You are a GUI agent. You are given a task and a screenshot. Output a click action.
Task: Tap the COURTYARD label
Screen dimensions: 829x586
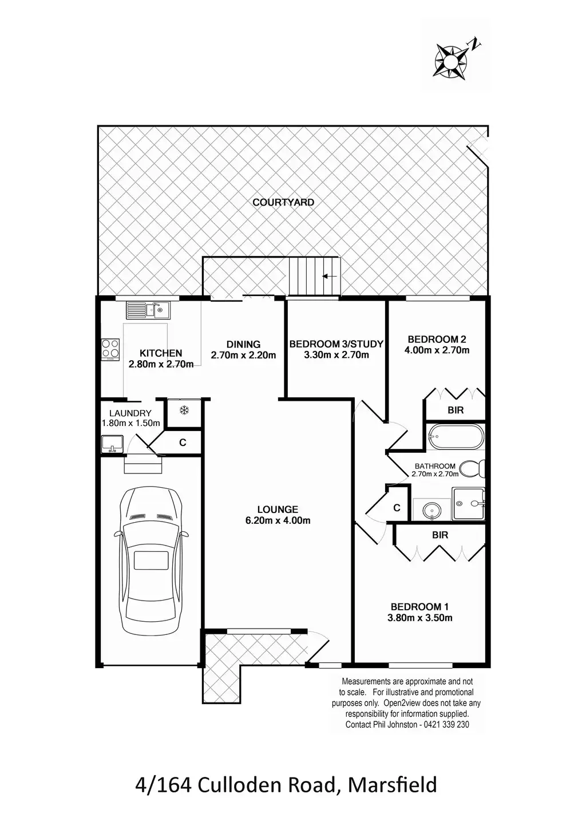click(284, 202)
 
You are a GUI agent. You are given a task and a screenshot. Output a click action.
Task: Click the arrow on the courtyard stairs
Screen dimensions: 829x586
click(329, 277)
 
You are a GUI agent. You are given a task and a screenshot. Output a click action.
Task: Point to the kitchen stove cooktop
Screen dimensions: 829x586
click(110, 349)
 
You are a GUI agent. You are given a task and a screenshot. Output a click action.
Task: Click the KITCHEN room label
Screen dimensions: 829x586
click(161, 353)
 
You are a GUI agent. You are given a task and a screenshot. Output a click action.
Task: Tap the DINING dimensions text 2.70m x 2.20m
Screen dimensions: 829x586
click(243, 355)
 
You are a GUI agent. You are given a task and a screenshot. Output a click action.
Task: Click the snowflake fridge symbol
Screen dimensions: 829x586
click(184, 410)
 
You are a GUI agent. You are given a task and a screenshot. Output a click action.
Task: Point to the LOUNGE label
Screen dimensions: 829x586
click(278, 509)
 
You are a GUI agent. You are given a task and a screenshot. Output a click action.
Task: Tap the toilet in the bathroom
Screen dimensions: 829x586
click(474, 468)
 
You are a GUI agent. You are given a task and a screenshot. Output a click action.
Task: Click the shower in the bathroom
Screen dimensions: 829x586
click(469, 504)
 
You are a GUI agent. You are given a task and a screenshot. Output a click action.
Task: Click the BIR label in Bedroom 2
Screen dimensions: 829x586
click(456, 410)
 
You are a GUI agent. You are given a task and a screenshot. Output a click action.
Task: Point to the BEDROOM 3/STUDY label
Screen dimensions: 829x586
click(336, 344)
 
